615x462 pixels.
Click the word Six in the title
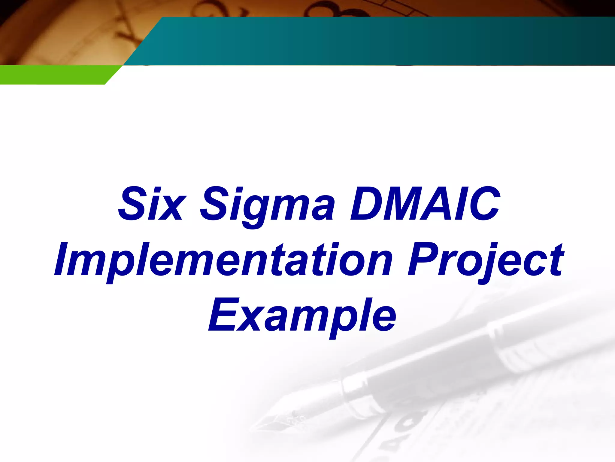(150, 204)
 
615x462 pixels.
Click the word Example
(302, 316)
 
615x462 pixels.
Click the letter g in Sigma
(252, 211)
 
